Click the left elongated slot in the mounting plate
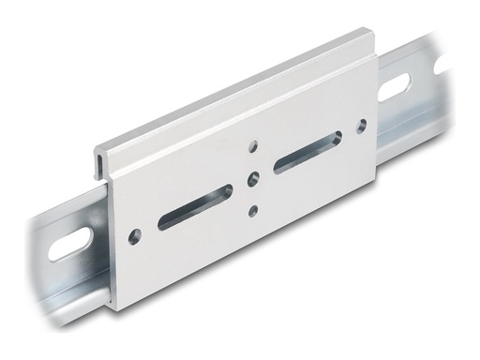click(x=196, y=206)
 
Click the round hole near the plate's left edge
click(x=136, y=233)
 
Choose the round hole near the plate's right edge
click(x=362, y=123)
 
